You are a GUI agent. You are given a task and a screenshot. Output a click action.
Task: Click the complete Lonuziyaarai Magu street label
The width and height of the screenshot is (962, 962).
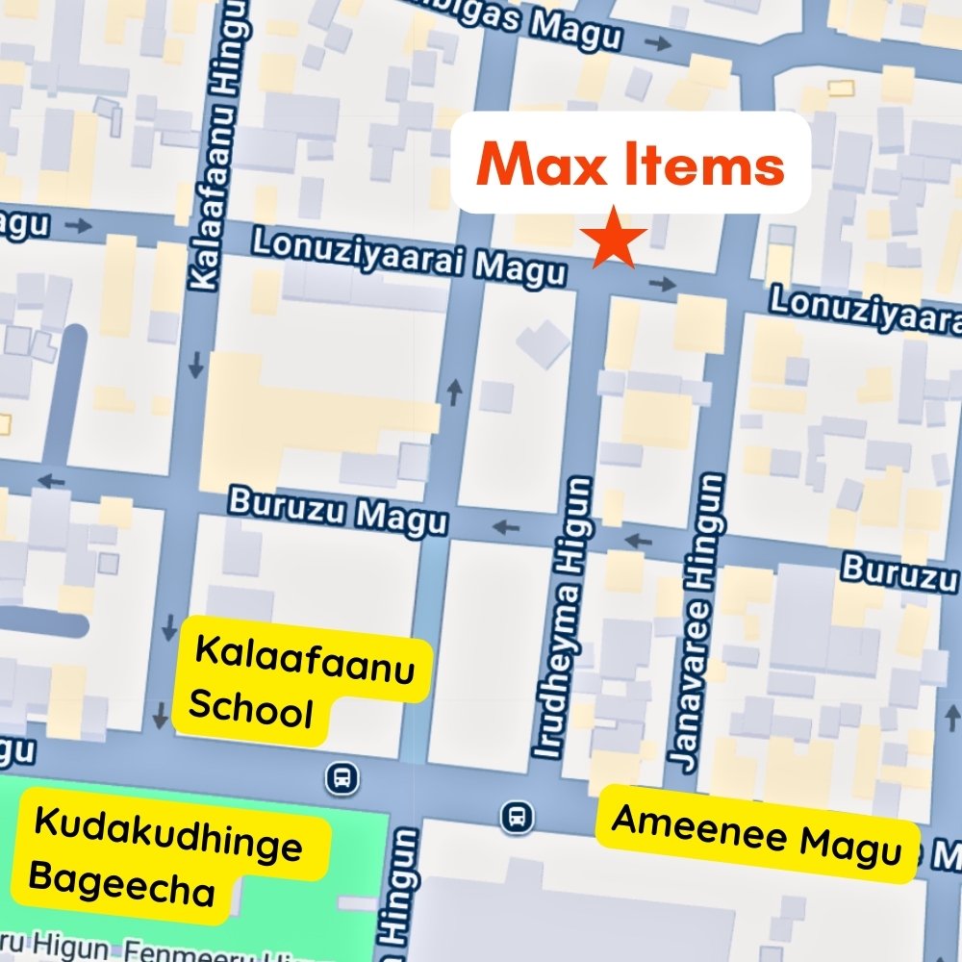point(409,255)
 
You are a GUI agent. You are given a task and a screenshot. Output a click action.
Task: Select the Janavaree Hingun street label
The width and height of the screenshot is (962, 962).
point(700,620)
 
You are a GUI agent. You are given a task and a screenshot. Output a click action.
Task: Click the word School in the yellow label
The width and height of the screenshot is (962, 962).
point(251,712)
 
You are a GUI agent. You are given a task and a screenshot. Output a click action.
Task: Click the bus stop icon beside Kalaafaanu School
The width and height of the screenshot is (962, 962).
point(342,776)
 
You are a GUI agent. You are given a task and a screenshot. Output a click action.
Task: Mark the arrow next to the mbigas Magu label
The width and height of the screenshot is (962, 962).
point(658,42)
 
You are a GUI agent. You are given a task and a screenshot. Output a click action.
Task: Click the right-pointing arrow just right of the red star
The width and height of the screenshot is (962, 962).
point(663,283)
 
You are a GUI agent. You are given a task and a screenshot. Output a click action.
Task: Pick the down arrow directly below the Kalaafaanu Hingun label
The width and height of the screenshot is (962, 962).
point(197,365)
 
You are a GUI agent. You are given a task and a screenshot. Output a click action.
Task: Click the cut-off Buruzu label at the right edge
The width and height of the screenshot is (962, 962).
point(900,571)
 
